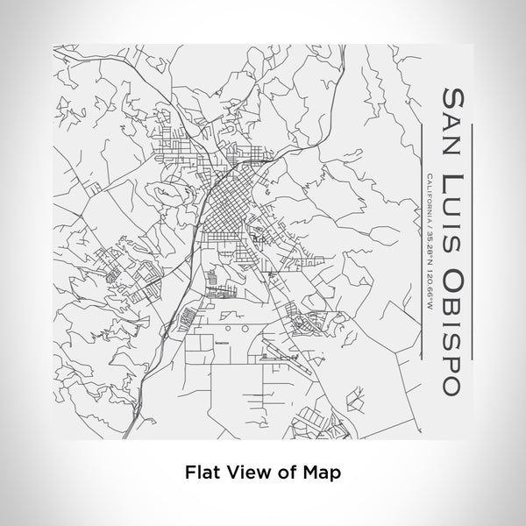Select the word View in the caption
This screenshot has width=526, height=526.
[243, 471]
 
